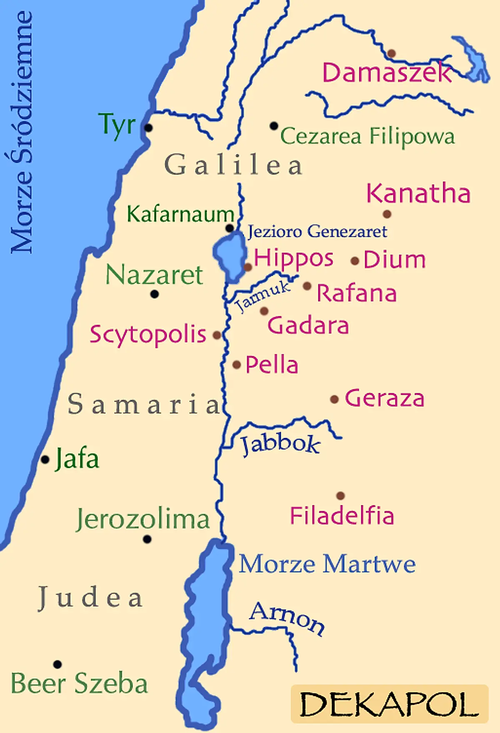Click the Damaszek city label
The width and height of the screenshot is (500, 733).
pyautogui.click(x=387, y=73)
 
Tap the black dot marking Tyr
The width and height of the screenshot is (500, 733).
pyautogui.click(x=148, y=128)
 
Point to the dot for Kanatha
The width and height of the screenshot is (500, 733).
pyautogui.click(x=387, y=214)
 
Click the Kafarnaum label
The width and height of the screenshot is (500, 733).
pyautogui.click(x=180, y=214)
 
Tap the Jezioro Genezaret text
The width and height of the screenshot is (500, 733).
pyautogui.click(x=317, y=232)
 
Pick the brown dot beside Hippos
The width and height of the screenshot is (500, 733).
pyautogui.click(x=248, y=267)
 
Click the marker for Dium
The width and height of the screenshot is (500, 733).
pyautogui.click(x=355, y=261)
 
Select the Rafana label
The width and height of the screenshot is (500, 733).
pyautogui.click(x=357, y=293)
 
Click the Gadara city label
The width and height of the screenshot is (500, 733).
pyautogui.click(x=308, y=325)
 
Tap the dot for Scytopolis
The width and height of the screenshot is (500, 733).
pyautogui.click(x=217, y=335)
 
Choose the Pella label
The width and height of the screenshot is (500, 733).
pyautogui.click(x=272, y=365)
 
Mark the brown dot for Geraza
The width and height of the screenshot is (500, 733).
pyautogui.click(x=334, y=399)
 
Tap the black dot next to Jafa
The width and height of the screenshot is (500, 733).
pyautogui.click(x=45, y=460)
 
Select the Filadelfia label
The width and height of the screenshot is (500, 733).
pyautogui.click(x=342, y=516)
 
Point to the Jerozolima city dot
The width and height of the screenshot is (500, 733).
pyautogui.click(x=147, y=539)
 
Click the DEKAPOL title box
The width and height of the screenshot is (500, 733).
pyautogui.click(x=390, y=704)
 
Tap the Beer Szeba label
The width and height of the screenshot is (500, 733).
pyautogui.click(x=79, y=684)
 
